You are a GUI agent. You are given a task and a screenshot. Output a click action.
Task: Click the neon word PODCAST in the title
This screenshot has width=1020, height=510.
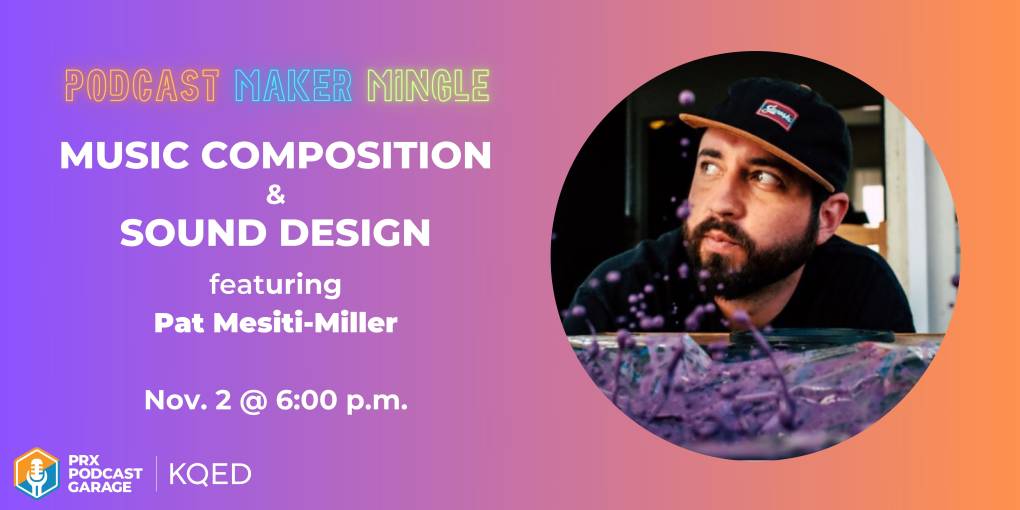142,86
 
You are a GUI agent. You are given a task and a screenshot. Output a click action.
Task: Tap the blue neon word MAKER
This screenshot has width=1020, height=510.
294,86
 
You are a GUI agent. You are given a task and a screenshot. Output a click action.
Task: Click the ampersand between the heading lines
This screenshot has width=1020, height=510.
276,195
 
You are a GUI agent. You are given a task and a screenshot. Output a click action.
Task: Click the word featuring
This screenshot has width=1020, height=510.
275,285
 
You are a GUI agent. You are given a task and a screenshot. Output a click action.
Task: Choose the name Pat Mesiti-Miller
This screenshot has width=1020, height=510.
276,323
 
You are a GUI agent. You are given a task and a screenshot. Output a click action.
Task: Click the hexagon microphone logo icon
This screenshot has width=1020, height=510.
37,473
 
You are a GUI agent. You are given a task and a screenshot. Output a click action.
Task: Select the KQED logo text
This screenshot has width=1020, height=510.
210,474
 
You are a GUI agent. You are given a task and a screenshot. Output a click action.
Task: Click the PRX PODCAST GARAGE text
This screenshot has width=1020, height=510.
105,474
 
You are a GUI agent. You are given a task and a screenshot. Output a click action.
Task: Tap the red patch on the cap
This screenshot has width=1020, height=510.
777,114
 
